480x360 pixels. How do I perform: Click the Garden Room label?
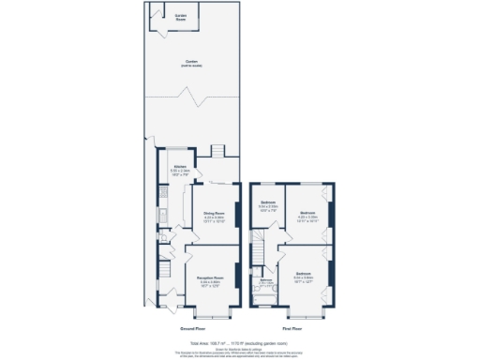coord(181,16)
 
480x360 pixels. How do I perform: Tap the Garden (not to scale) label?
coord(192,64)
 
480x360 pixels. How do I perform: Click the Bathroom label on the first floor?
coord(265,281)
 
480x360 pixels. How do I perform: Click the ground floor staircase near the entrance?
coord(162,273)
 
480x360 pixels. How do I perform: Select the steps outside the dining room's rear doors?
coord(217,152)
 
